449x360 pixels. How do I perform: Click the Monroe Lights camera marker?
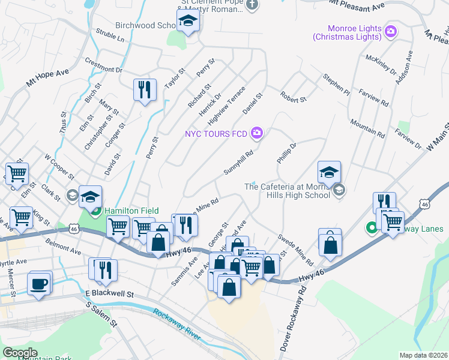(x=391, y=31)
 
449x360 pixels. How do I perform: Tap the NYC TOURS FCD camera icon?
(x=257, y=133)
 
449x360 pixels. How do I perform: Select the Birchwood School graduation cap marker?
(x=188, y=23)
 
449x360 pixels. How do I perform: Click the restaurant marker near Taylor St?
(x=145, y=90)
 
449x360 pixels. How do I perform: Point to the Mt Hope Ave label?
(x=47, y=79)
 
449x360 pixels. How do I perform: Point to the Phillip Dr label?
(x=287, y=154)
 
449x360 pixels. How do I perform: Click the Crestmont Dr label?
(x=103, y=64)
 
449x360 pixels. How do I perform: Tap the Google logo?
(x=20, y=353)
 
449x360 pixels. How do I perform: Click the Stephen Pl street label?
(x=336, y=85)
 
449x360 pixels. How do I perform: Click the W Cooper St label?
(x=59, y=167)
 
